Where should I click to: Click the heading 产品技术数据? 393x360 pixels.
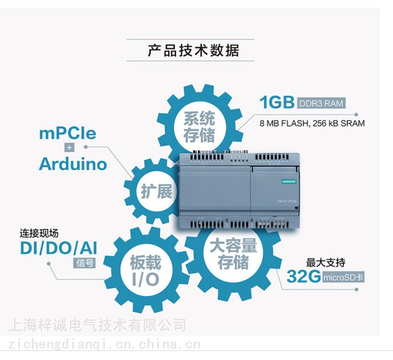point(193,50)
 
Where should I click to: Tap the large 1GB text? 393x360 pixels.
point(277,103)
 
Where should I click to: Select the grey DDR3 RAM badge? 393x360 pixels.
point(321,103)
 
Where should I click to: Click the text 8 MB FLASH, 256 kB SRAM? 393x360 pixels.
point(312,124)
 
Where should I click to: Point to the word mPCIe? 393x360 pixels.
point(68,134)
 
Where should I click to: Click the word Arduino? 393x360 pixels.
point(73,164)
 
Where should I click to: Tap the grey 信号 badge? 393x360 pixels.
point(85,263)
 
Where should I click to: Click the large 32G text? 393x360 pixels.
point(303,277)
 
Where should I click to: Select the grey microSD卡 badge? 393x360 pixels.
point(343,277)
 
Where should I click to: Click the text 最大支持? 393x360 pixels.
point(325,263)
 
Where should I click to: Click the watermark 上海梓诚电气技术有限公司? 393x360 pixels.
point(97,325)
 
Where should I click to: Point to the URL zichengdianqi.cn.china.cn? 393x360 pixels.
point(104,344)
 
